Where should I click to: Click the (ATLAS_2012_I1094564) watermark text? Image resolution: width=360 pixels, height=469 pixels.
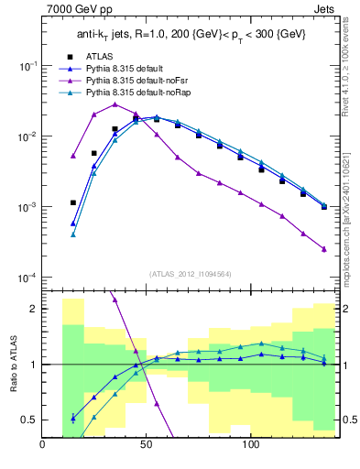[189, 273]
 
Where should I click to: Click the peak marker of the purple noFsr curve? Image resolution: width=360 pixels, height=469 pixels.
[115, 104]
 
